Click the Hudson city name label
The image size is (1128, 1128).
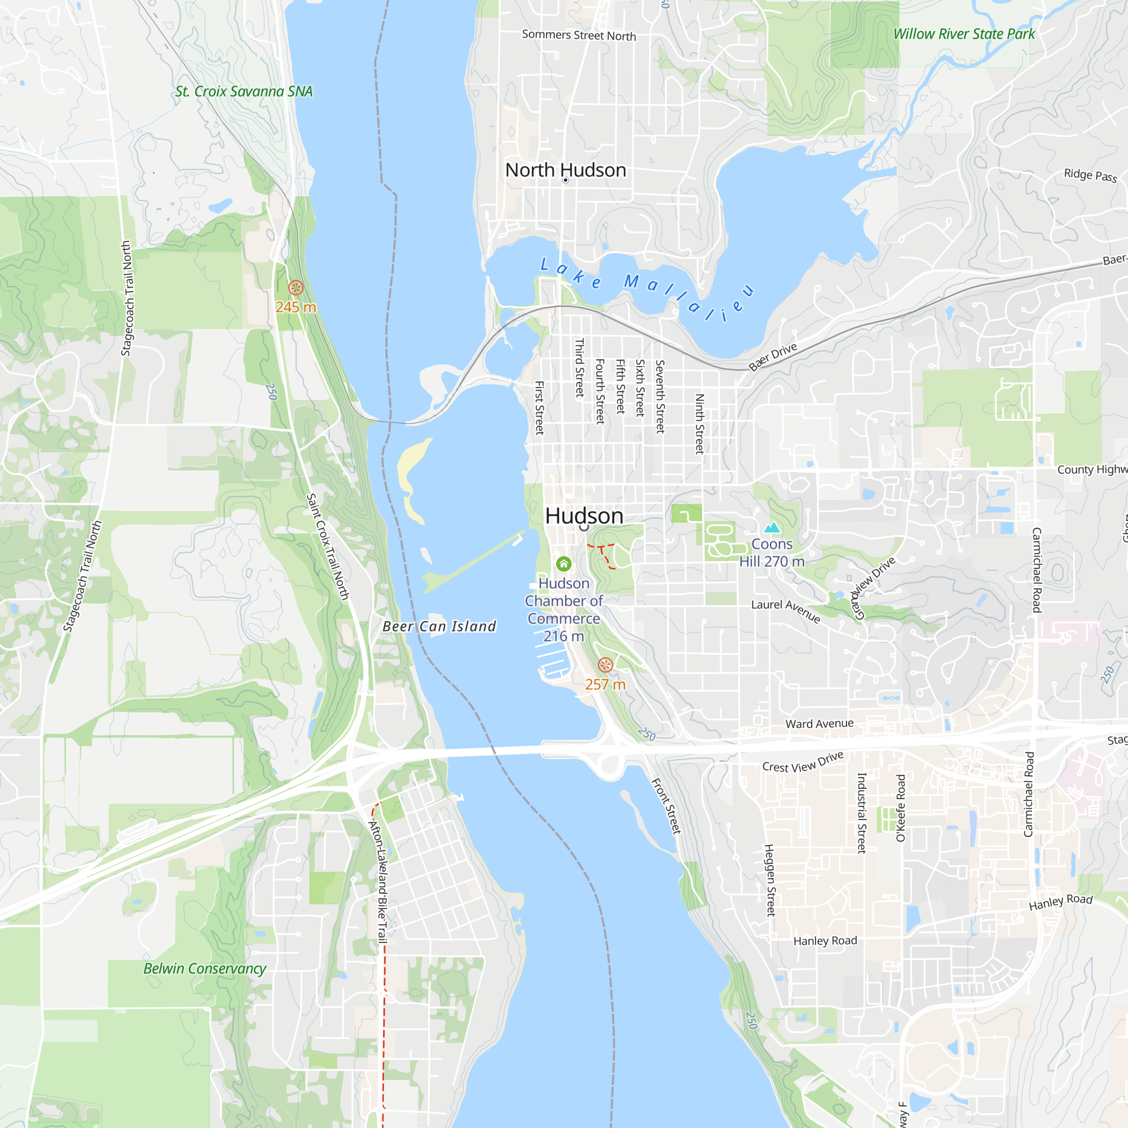point(584,515)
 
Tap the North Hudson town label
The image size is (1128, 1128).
point(565,170)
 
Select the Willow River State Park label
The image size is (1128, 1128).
point(963,34)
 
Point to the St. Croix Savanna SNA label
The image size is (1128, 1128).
point(244,92)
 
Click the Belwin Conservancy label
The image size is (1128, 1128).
point(204,968)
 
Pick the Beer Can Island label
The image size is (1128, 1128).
point(439,627)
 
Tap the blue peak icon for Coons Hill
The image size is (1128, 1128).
point(772,528)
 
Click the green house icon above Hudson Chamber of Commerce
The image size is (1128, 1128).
point(563,563)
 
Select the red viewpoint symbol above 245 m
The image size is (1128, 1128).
point(296,287)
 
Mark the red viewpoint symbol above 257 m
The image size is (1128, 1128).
point(605,664)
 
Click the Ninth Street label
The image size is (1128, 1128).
point(699,424)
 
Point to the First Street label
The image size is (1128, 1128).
point(540,408)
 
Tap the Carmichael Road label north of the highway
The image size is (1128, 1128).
point(1036,570)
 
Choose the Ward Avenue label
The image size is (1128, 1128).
point(819,724)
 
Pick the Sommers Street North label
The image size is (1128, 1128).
point(579,35)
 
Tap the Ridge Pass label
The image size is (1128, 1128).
point(1090,175)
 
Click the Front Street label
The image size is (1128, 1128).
point(666,806)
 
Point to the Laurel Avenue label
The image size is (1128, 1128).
point(786,611)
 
